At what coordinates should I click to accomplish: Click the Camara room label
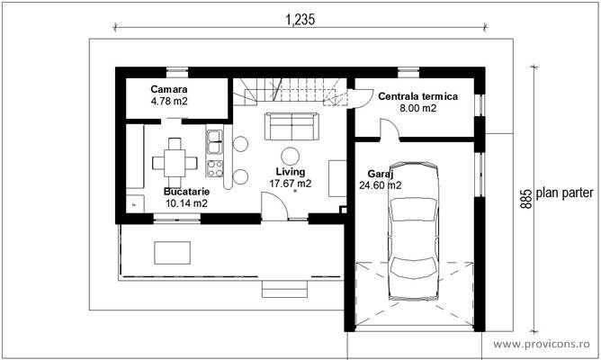coord(168,90)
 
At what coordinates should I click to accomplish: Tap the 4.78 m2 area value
coord(169,102)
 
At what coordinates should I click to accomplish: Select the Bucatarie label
coord(186,192)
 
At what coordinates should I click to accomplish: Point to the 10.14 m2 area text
coord(186,203)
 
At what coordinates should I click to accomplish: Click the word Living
coord(291,171)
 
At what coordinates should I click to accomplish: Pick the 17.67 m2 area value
coord(291,183)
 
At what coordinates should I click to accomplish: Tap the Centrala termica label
coord(418,95)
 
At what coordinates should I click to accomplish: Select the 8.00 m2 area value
coord(418,108)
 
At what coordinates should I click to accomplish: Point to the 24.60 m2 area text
coord(381,185)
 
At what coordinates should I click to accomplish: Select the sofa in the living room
coord(290,126)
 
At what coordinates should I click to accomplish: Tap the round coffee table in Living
coord(291,156)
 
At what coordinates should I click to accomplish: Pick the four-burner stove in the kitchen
coord(215,166)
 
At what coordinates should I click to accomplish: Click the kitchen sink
coord(215,139)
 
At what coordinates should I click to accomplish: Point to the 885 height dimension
coord(525,198)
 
